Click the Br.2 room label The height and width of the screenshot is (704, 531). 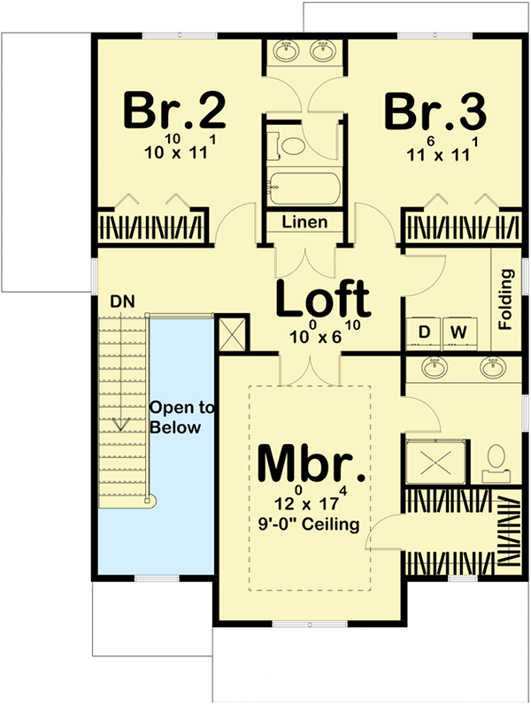click(174, 111)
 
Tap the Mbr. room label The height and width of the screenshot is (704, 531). click(311, 463)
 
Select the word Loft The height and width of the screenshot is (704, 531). click(323, 299)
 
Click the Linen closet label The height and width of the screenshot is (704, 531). click(304, 222)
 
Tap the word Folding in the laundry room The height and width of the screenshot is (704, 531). click(506, 299)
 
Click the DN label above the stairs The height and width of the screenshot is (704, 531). click(122, 302)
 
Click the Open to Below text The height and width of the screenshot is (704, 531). click(181, 417)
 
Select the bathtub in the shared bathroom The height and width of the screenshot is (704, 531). click(304, 188)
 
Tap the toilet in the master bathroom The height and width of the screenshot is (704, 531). click(496, 463)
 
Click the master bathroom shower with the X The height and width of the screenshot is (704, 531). click(435, 462)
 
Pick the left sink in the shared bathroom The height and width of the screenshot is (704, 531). click(286, 51)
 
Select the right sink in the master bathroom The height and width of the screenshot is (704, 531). click(493, 367)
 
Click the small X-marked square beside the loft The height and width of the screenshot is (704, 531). click(232, 333)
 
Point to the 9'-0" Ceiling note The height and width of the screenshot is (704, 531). click(309, 524)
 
